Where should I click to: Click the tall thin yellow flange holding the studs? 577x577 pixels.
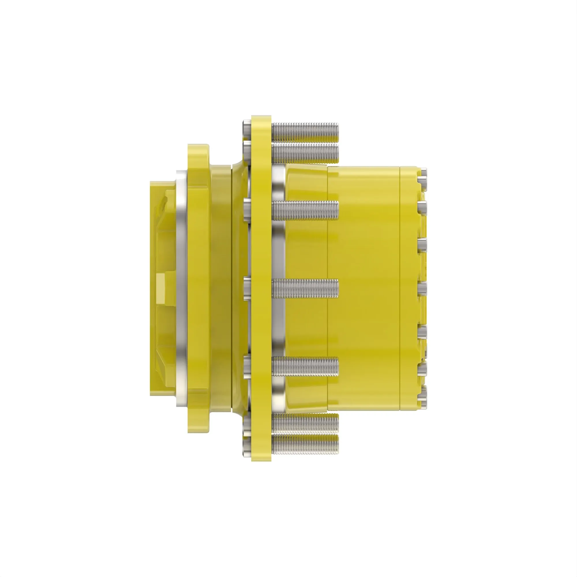[x=261, y=288]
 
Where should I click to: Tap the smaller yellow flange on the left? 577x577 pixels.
[x=198, y=288]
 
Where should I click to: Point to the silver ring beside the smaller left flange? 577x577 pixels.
[x=181, y=288]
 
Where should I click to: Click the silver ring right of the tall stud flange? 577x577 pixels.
[x=278, y=288]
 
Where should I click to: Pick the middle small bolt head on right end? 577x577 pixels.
[x=422, y=288]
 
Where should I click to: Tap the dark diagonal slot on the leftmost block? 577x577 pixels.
[x=163, y=206]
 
